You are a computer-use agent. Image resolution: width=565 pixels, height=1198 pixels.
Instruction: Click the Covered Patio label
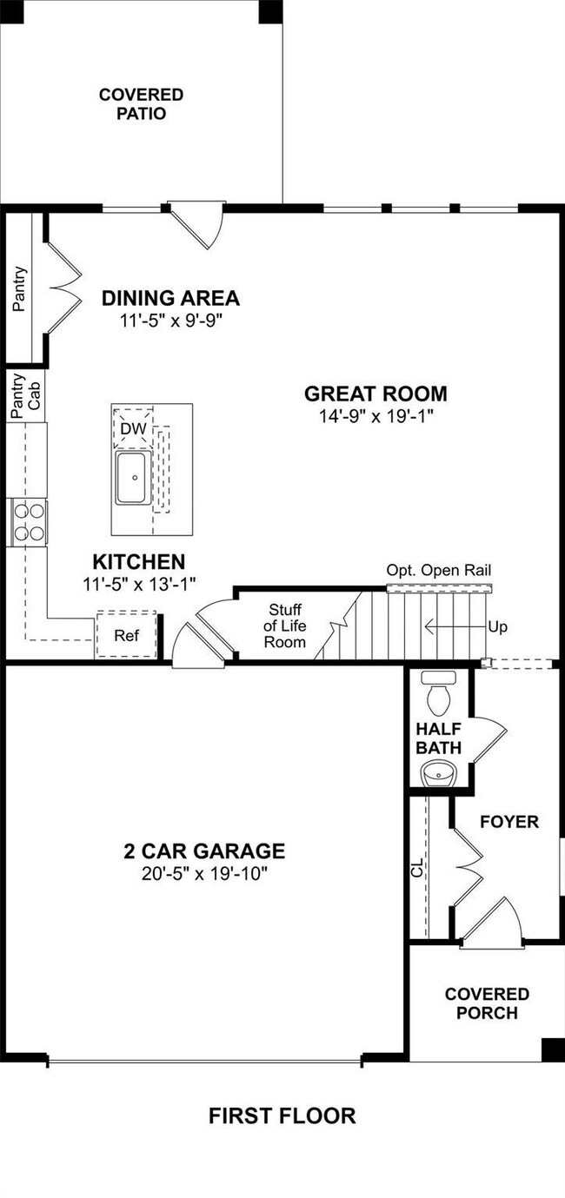(x=141, y=103)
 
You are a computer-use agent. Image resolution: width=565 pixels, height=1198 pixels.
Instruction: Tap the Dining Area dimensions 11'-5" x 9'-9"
(x=170, y=321)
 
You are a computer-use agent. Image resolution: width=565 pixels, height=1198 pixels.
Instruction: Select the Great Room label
(x=376, y=394)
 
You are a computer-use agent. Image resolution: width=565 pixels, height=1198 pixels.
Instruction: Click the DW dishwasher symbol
(x=133, y=427)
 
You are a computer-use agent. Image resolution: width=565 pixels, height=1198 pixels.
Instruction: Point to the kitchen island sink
(x=134, y=478)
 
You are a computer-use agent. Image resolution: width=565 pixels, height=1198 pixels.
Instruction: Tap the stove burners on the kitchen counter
(x=29, y=522)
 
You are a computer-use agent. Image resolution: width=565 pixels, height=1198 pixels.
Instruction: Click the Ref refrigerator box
(x=126, y=635)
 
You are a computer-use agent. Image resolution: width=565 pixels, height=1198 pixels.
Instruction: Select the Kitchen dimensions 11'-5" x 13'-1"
(x=139, y=585)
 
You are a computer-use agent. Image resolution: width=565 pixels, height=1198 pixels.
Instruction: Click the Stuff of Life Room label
(x=284, y=625)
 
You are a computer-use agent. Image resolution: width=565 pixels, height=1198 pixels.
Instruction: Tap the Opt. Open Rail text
(x=439, y=570)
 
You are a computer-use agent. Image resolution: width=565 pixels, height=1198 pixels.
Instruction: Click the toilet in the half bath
(x=439, y=693)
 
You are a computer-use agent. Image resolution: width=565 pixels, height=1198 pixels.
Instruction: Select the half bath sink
(x=439, y=773)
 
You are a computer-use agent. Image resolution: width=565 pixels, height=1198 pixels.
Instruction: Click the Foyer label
(x=508, y=821)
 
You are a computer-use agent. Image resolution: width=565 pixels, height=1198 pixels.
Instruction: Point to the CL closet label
(x=417, y=868)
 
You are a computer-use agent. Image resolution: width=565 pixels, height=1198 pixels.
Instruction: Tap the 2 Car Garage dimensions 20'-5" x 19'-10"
(x=204, y=873)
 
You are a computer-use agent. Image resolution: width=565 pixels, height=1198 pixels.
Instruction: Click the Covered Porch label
(x=487, y=1003)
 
